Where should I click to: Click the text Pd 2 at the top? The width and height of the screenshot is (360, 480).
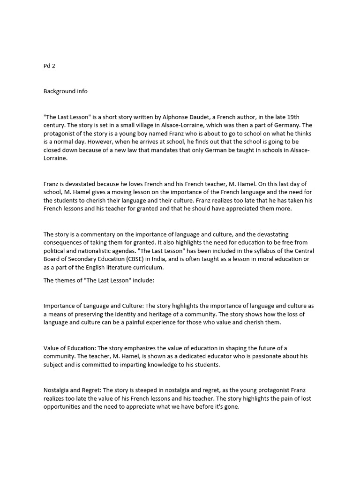pyautogui.click(x=49, y=66)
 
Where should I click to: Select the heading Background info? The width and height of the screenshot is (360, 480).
pyautogui.click(x=66, y=91)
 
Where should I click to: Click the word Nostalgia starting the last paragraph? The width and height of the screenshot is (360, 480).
pyautogui.click(x=57, y=390)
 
